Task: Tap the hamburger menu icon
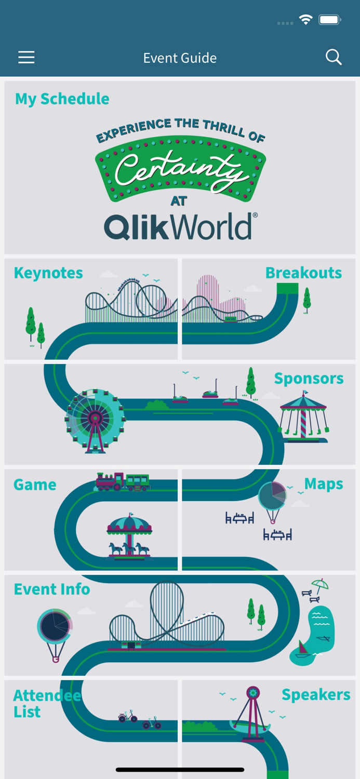point(26,57)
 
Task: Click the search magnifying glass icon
point(334,57)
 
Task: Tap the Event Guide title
point(180,58)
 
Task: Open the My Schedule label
point(62,99)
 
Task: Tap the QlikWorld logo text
point(180,226)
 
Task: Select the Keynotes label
point(48,273)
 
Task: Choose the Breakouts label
point(303,273)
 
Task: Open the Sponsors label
point(309,379)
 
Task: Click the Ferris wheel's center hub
point(95,417)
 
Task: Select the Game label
point(35,485)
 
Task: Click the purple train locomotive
point(110,481)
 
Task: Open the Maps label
point(323,483)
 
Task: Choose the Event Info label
point(52,589)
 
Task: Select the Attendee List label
point(47,703)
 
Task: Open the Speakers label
point(316,694)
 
